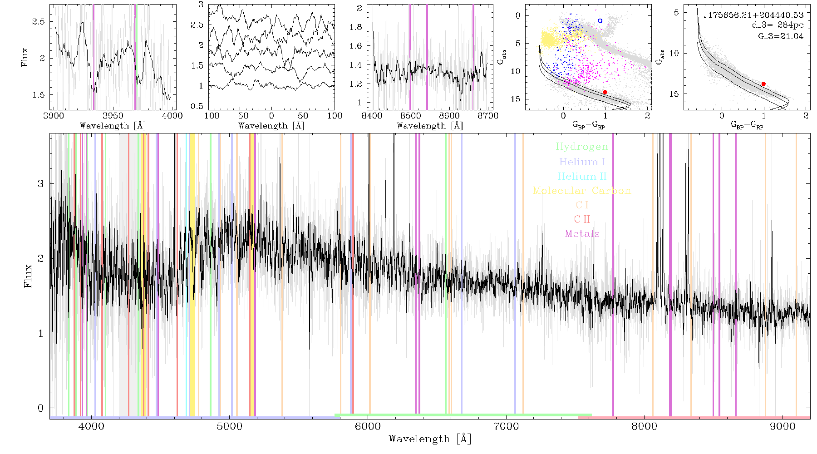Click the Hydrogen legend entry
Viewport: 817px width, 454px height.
(581, 147)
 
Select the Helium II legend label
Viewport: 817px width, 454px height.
(582, 176)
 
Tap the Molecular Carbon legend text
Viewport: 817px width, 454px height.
(582, 191)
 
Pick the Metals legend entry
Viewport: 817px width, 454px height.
(582, 233)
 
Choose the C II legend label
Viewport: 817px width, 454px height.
(582, 219)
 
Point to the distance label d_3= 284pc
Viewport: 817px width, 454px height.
(778, 25)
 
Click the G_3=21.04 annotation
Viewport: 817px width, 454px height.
(781, 36)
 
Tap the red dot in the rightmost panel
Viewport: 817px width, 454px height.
(763, 84)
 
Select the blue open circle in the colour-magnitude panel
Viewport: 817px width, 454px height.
(600, 21)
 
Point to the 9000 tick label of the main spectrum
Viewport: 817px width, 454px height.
(783, 427)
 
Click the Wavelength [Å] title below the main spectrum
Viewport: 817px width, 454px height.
(429, 439)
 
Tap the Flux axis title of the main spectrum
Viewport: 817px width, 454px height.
(28, 276)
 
